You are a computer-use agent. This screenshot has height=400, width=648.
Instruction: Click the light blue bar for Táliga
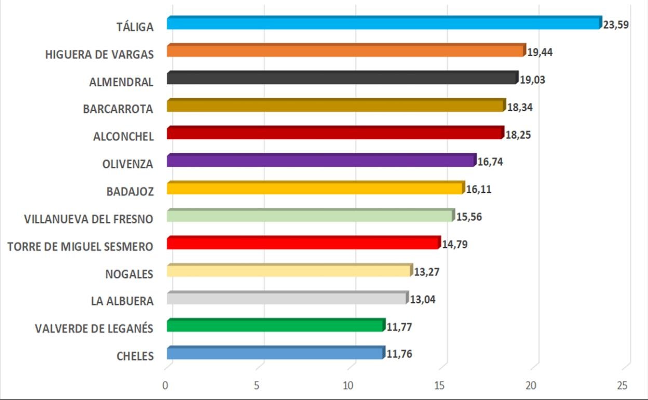click(384, 23)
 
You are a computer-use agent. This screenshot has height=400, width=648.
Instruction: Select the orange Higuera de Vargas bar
click(346, 50)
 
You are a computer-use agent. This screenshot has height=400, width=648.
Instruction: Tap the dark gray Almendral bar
click(343, 78)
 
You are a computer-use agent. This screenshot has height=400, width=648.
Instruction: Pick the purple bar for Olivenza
click(321, 161)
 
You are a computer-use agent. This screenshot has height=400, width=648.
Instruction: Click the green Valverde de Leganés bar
click(276, 326)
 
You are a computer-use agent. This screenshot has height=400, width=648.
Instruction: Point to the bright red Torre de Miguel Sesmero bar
click(304, 243)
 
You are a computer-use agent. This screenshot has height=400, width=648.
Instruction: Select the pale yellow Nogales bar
click(289, 271)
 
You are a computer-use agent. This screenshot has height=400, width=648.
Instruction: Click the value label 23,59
click(616, 24)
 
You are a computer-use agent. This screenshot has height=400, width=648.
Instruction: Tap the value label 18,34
click(520, 108)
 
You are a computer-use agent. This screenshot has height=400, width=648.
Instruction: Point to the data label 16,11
click(479, 190)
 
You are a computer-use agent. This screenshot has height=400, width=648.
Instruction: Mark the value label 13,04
click(422, 300)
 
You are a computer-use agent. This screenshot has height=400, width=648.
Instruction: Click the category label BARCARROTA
click(118, 109)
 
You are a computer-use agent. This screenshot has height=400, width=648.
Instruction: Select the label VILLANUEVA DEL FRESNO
click(89, 219)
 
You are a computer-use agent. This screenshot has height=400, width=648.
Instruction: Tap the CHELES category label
click(136, 356)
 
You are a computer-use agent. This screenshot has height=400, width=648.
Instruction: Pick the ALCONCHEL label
click(124, 137)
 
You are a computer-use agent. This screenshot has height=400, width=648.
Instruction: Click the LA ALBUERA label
click(122, 301)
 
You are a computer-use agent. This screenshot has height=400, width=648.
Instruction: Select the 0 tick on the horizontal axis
click(166, 385)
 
